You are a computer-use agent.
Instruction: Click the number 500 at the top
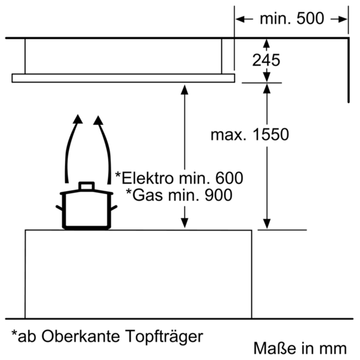(310, 19)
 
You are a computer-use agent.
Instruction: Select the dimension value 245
(266, 61)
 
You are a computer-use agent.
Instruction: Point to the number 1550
(271, 134)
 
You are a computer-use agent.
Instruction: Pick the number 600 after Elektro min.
(229, 178)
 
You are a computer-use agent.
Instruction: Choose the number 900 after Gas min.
(218, 195)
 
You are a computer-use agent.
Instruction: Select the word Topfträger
(164, 337)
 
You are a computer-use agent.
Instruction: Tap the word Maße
(275, 348)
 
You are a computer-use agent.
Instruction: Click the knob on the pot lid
(86, 186)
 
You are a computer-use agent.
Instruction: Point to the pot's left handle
(59, 208)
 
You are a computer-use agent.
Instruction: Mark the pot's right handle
(113, 208)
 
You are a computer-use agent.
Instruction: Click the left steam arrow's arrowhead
(78, 119)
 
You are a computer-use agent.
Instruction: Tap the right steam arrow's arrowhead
(98, 120)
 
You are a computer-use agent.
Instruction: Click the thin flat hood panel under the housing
(123, 78)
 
